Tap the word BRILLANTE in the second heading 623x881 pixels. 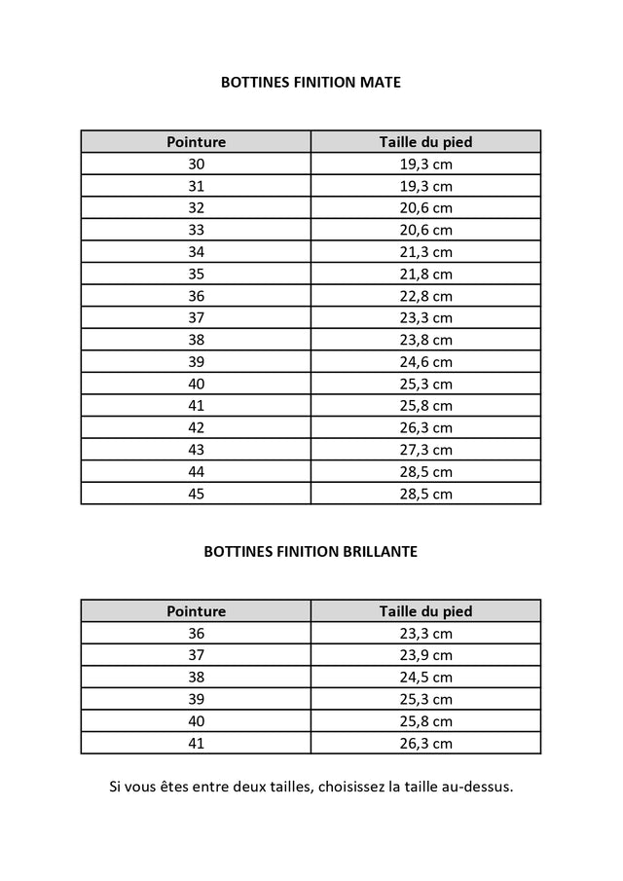[378, 551]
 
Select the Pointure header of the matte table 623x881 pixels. [196, 142]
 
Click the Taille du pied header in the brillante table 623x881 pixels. [425, 611]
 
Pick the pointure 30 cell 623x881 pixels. [196, 165]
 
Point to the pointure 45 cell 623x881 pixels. [196, 494]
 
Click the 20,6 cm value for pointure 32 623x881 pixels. [425, 208]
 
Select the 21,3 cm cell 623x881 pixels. [425, 252]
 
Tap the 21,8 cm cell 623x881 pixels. [425, 275]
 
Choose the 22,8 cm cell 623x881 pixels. [425, 296]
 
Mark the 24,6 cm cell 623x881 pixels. [425, 362]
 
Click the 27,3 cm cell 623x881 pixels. [425, 450]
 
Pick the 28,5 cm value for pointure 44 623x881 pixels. [425, 472]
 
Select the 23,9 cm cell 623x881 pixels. [425, 655]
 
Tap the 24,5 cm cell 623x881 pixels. [425, 678]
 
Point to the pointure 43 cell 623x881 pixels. [196, 450]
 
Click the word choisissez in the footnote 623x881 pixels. [352, 787]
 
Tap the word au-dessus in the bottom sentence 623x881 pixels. [478, 787]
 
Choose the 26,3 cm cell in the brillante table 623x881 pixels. [425, 744]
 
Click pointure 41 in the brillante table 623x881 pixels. [196, 744]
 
